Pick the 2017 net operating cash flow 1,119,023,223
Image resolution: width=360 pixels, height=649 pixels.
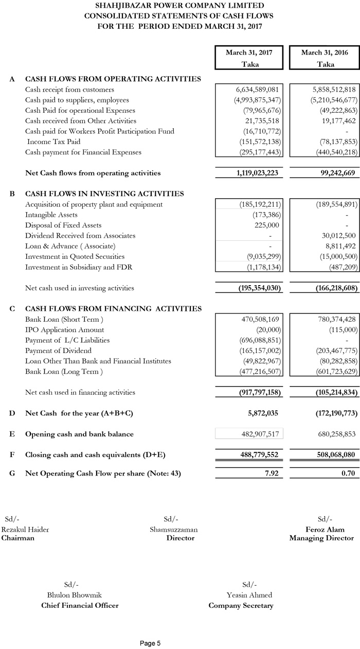pos(250,173)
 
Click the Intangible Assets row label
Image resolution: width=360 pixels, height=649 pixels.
pos(51,215)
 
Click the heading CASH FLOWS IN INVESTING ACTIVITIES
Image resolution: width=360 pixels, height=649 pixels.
pos(104,194)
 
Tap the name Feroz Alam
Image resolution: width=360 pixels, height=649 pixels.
pos(325,530)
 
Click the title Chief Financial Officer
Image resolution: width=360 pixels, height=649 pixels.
pos(80,605)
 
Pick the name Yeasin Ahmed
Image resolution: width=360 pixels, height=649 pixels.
pos(249,595)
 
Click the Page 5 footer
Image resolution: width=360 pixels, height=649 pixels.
pos(150,643)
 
